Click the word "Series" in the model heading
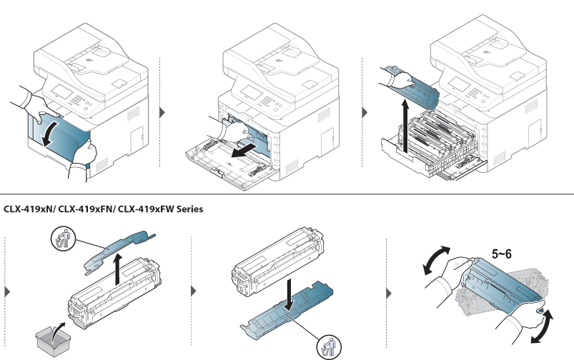tap(185, 209)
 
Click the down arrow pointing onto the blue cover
tap(287, 295)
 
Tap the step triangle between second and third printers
tap(365, 112)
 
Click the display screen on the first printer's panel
tap(62, 94)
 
